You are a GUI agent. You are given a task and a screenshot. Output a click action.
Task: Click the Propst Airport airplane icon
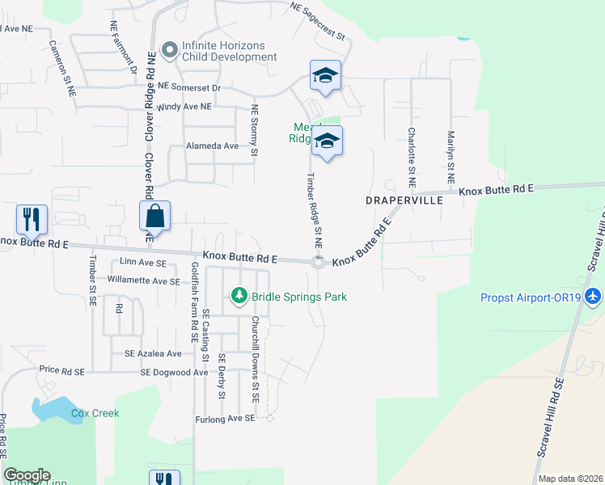click(594, 297)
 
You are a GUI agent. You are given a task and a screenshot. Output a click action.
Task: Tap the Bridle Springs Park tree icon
click(239, 297)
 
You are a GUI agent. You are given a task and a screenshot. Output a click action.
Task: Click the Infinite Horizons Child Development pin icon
click(169, 51)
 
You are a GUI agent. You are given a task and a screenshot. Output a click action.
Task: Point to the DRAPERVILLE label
click(404, 199)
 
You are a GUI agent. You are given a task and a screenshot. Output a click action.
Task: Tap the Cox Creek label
click(95, 413)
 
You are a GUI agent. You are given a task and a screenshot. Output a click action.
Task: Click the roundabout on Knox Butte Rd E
click(318, 261)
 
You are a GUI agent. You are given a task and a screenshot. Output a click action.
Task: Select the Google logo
click(27, 475)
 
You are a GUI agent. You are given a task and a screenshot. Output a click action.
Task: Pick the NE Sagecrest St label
click(318, 22)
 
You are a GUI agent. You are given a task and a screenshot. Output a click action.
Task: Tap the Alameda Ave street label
click(213, 146)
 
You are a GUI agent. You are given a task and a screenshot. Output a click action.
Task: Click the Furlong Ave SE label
click(225, 419)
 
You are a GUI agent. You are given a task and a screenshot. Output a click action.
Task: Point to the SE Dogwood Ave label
click(174, 373)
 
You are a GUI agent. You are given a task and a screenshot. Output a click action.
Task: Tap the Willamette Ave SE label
click(143, 281)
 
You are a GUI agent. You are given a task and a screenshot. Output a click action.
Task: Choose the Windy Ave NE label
click(184, 107)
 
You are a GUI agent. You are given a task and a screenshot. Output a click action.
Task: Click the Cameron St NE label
click(61, 70)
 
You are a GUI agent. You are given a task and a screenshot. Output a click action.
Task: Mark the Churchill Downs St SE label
click(254, 361)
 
